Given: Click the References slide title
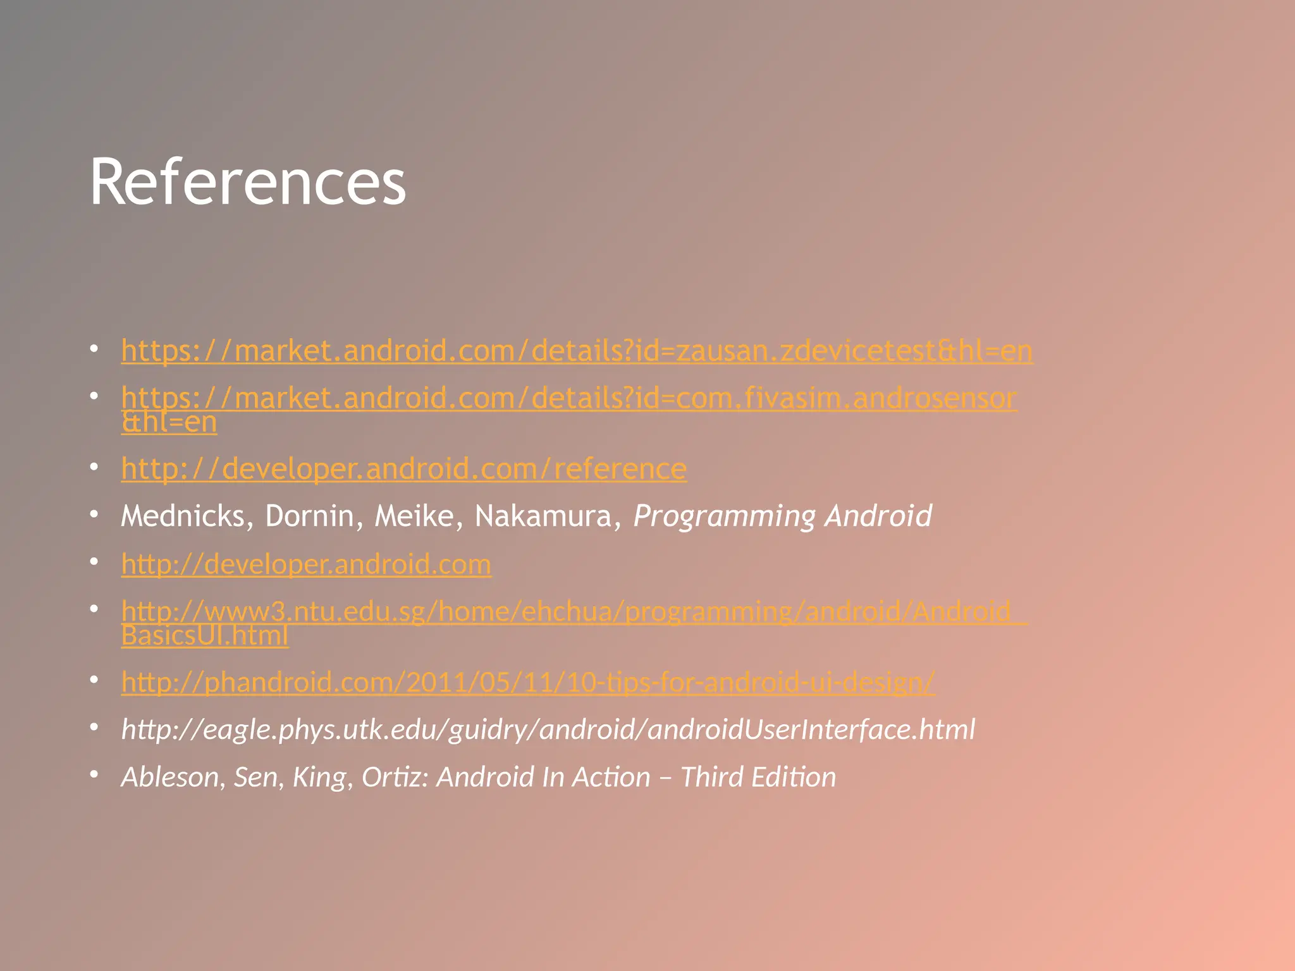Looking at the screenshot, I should point(247,182).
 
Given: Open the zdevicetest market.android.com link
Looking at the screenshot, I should point(577,351).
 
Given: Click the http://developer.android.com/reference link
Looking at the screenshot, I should point(403,469).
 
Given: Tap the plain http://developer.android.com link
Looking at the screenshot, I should point(306,564).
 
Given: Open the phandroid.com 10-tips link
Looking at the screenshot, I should point(527,682).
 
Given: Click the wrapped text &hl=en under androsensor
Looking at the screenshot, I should point(169,422).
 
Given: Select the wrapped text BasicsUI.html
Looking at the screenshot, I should point(204,635).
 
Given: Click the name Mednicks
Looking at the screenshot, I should point(182,516).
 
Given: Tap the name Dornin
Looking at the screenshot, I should point(309,516).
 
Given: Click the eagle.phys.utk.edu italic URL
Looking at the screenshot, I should point(548,730).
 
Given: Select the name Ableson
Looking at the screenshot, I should point(169,777).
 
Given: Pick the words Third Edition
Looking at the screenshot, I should point(758,777).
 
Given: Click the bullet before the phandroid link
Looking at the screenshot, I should point(94,680).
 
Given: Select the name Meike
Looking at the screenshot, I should point(414,516).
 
